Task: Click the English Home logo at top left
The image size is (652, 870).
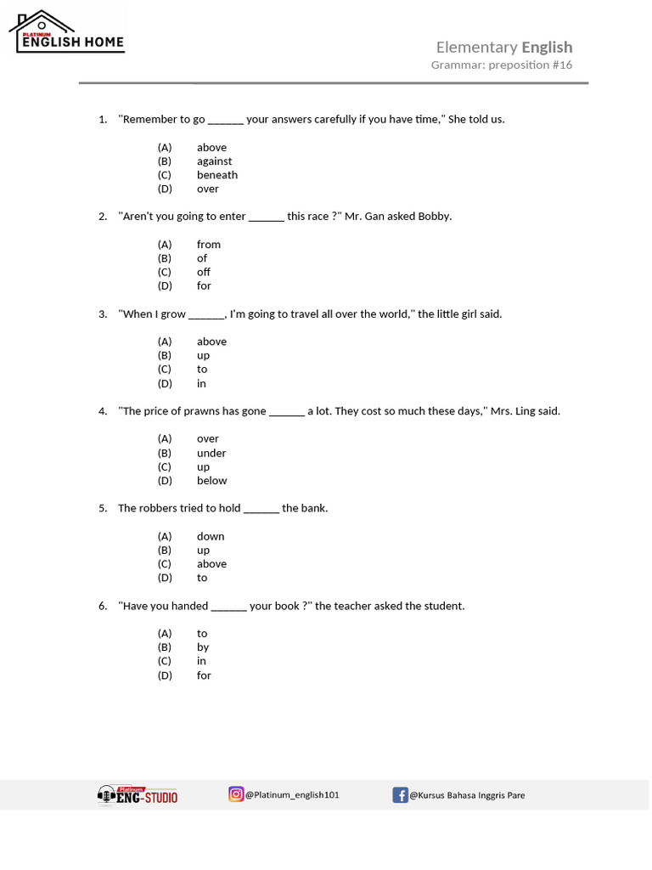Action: pos(67,32)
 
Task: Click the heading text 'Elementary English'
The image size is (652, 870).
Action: pos(503,48)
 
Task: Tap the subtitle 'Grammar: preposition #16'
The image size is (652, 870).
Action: pos(501,65)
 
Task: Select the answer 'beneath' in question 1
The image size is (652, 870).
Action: pos(217,175)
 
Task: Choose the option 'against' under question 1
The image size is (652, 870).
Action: pos(214,161)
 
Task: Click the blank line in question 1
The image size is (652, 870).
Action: pos(226,120)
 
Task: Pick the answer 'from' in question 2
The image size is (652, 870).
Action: pos(209,245)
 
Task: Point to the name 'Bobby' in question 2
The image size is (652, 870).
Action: pos(433,217)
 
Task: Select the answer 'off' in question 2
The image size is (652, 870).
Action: pos(204,273)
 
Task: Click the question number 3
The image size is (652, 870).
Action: pos(102,314)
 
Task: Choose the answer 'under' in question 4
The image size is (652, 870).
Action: pos(211,453)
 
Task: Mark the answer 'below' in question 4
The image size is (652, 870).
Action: pos(212,481)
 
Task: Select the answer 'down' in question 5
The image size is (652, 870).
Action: pos(211,536)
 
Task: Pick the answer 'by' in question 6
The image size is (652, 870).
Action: pos(203,647)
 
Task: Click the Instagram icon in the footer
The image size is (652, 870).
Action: pos(236,794)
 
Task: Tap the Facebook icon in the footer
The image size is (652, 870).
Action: pos(400,795)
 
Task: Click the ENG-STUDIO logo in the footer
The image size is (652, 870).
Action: pos(138,795)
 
